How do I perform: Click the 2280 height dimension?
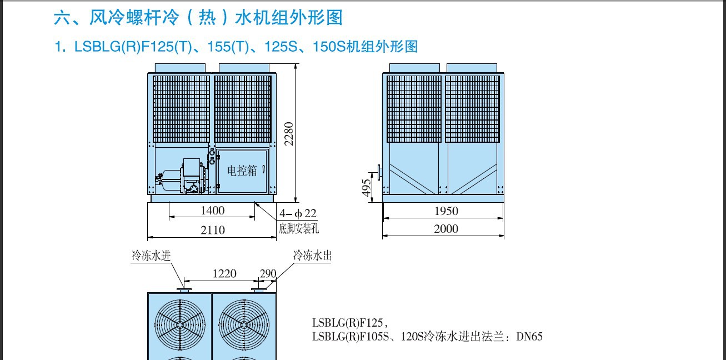[x=289, y=134]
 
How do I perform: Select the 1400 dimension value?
[x=213, y=211]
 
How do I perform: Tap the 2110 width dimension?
[x=213, y=230]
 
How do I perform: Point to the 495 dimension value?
[x=366, y=188]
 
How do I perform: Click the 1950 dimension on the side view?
[x=446, y=211]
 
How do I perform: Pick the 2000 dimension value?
[x=446, y=229]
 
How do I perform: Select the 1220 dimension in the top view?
[x=224, y=274]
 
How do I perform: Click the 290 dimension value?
[x=268, y=274]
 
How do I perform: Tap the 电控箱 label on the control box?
[x=242, y=171]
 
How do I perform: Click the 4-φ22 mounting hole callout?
[x=298, y=213]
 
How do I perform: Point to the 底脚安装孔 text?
[x=298, y=229]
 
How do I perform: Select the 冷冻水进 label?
[x=151, y=256]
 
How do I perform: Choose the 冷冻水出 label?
[x=312, y=256]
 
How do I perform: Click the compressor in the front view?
[x=181, y=177]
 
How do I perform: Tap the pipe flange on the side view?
[x=379, y=172]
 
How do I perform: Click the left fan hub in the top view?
[x=180, y=324]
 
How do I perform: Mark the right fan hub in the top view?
[x=244, y=324]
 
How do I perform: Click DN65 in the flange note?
[x=529, y=337]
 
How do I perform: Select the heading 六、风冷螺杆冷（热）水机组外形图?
[x=198, y=17]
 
